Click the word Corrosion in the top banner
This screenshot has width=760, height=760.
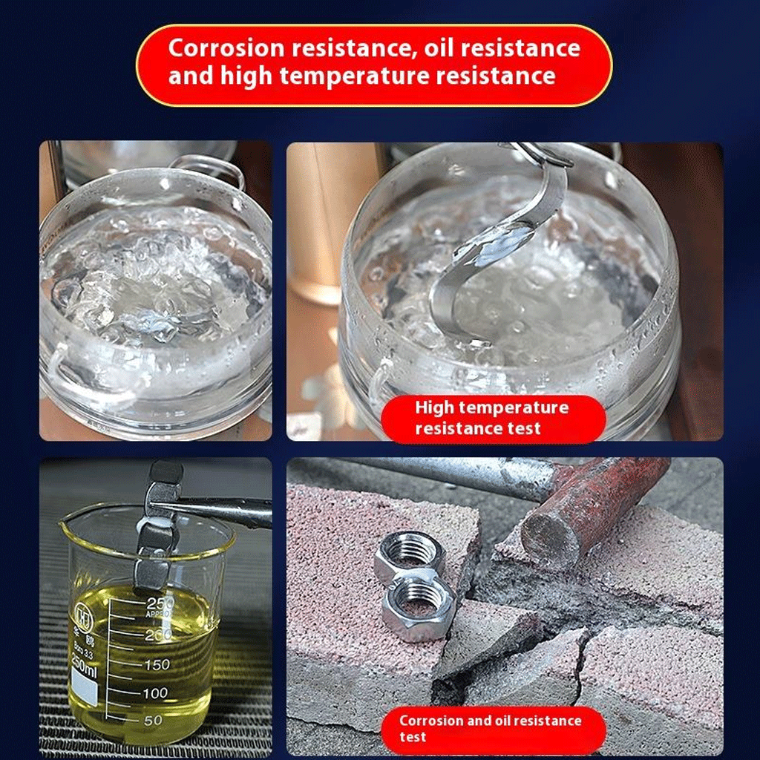coord(226,48)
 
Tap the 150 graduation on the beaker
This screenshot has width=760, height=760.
coord(157,664)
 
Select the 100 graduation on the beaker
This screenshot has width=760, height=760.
coord(155,693)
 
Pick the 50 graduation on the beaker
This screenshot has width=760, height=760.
coord(153,720)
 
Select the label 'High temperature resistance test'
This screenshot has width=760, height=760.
coord(493,419)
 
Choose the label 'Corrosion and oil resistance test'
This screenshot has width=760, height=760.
coord(493,730)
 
